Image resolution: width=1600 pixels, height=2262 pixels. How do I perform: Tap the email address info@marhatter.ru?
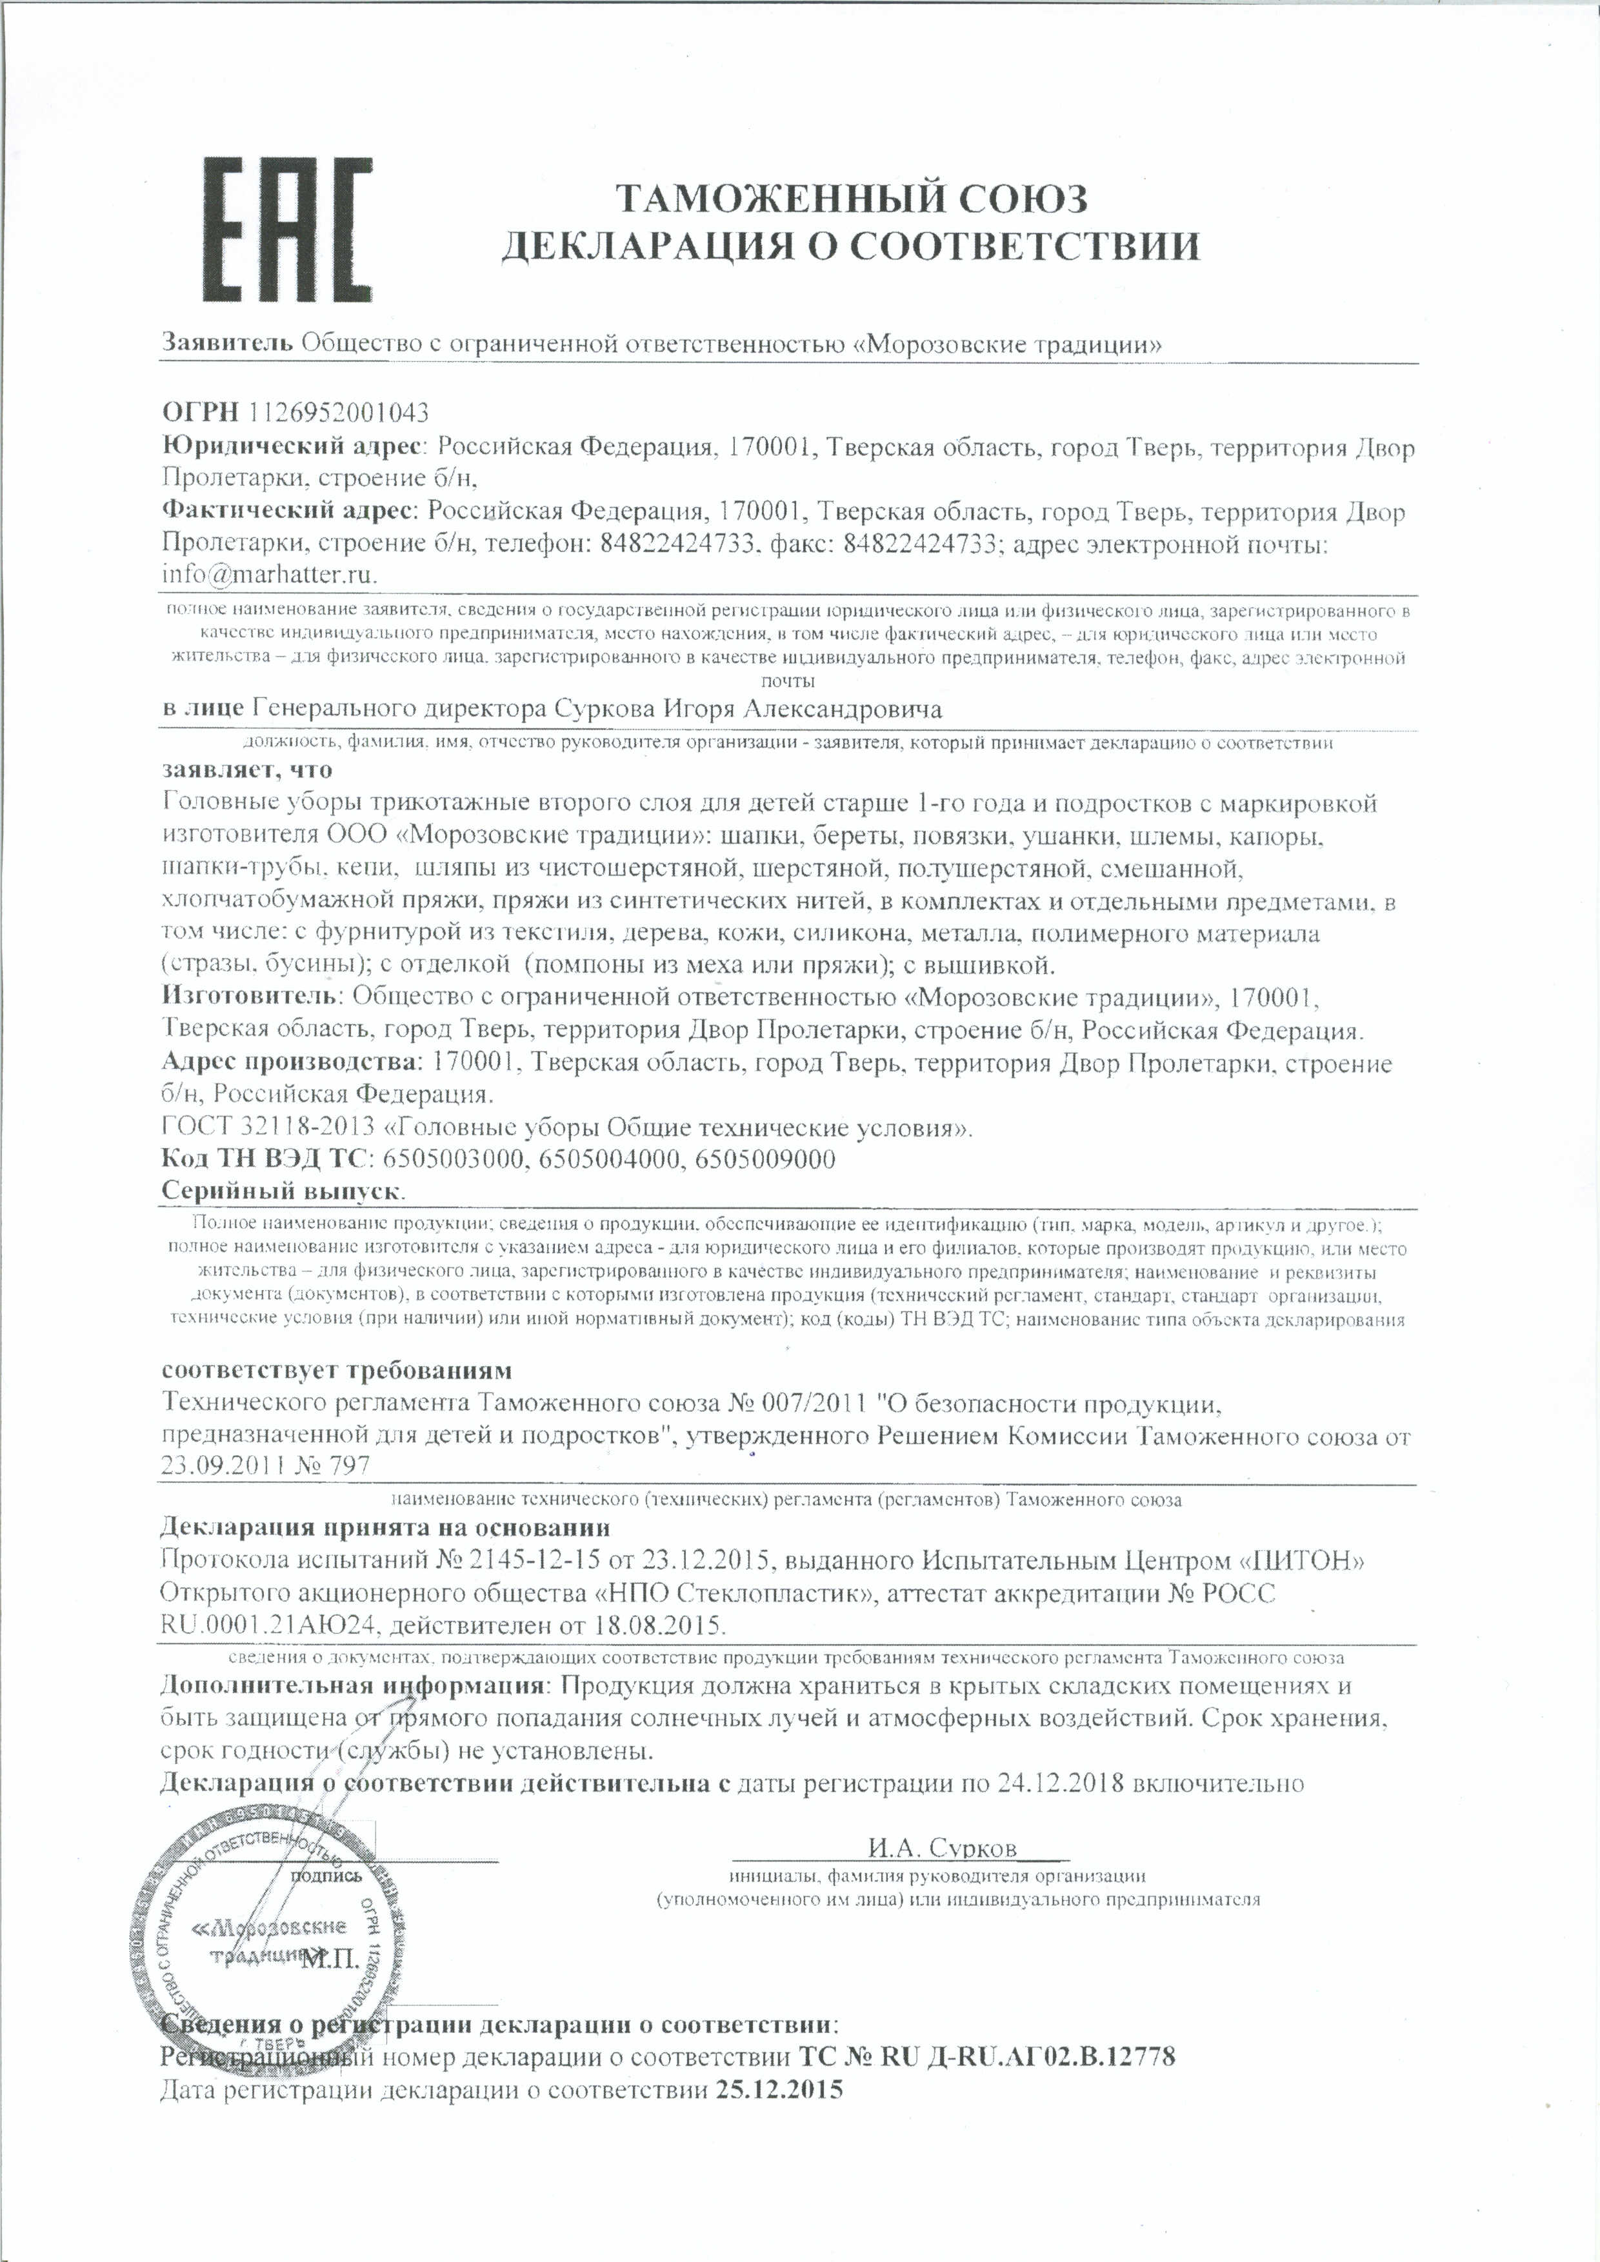coord(269,574)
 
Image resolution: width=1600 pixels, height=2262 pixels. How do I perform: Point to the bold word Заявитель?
coord(226,344)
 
